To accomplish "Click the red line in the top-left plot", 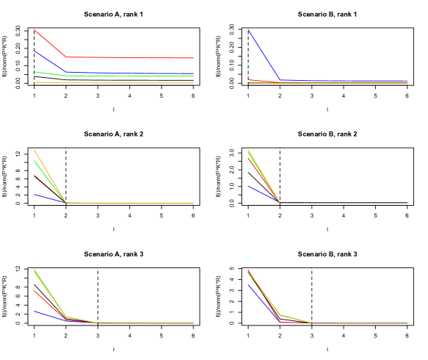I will [x=132, y=57].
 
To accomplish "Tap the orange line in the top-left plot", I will [x=132, y=83].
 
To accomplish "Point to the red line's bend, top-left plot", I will [x=67, y=57].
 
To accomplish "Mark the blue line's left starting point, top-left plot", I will [x=35, y=51].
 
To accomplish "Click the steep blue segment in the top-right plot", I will [x=264, y=54].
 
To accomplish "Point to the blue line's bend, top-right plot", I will [x=280, y=79].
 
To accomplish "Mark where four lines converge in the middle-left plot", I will [x=66, y=203].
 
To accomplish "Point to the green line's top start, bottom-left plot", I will [x=35, y=270].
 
